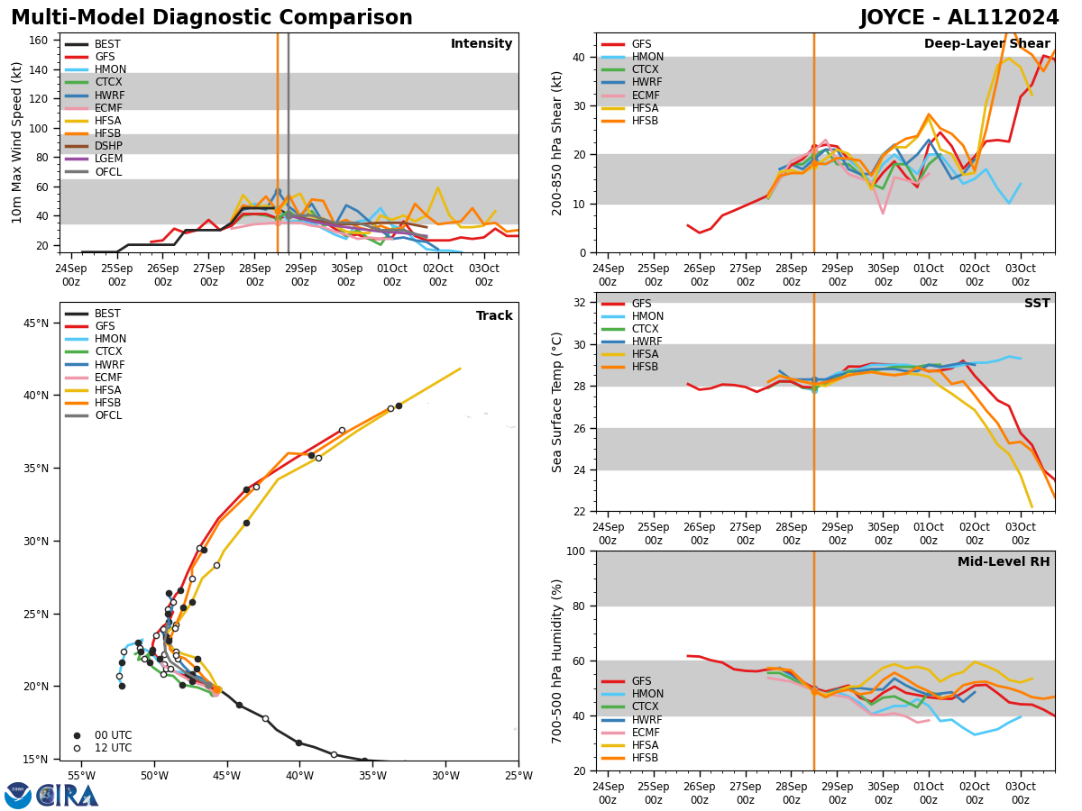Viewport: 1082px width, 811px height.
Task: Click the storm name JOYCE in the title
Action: coord(898,18)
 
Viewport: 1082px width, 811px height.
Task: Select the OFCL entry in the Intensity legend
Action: coord(108,172)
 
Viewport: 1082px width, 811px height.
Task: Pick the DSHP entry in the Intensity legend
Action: coord(108,146)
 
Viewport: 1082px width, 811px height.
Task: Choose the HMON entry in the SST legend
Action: coord(646,316)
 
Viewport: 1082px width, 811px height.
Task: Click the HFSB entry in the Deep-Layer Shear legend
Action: coord(646,121)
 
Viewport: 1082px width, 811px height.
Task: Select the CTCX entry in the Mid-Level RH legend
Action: coord(646,706)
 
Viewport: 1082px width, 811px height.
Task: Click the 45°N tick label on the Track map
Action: coord(36,323)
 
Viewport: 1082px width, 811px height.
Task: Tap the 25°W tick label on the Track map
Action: coord(518,776)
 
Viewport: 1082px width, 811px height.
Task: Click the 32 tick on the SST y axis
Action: coord(582,303)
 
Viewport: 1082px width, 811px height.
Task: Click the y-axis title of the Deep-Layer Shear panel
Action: coord(558,142)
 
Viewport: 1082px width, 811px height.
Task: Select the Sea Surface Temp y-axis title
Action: coord(558,402)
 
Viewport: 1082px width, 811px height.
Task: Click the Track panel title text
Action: coord(494,316)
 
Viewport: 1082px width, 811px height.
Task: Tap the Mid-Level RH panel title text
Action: coord(1004,562)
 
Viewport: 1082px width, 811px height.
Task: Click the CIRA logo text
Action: coord(68,796)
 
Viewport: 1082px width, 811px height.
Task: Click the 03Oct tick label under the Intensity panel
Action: coord(483,275)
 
